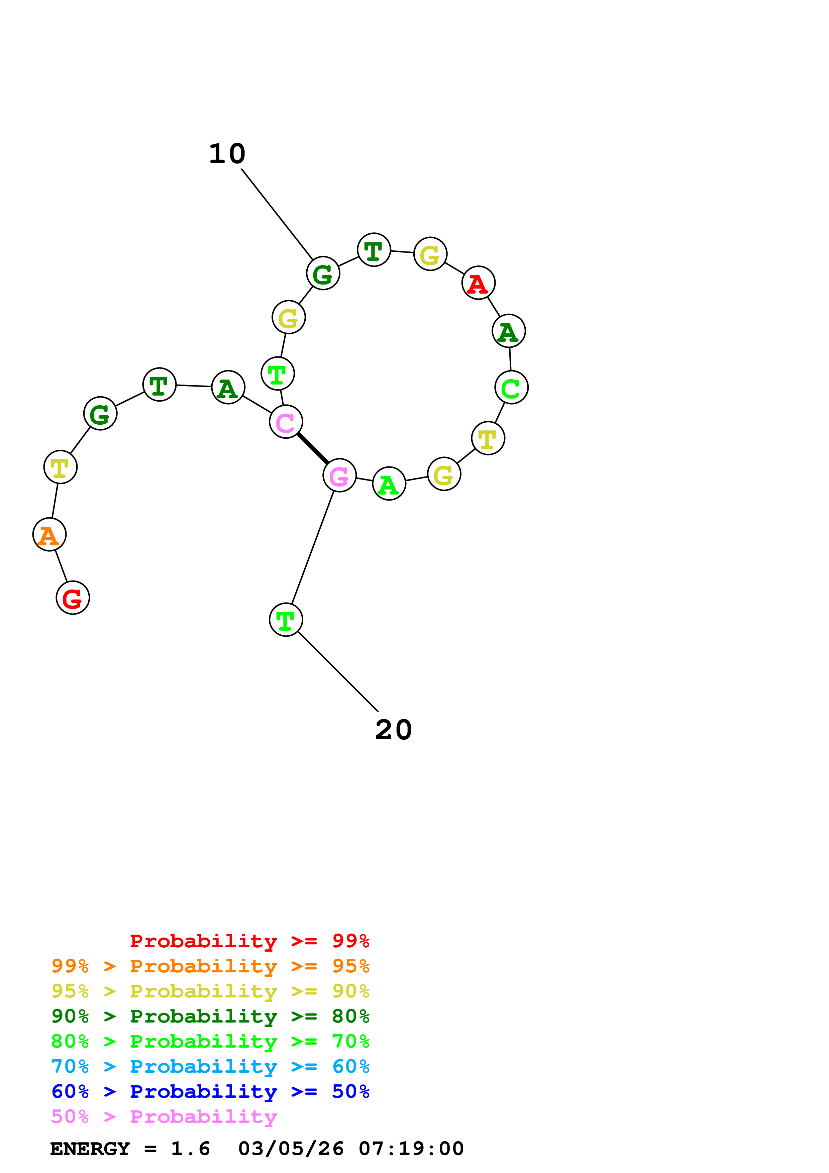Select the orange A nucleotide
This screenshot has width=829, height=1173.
click(49, 534)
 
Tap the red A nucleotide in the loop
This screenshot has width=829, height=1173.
click(478, 283)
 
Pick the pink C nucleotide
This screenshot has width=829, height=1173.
click(286, 421)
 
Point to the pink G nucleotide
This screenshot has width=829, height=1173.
click(339, 475)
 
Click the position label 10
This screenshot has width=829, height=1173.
click(227, 154)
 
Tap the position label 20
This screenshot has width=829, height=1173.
click(393, 730)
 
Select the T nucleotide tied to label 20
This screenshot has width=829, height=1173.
click(286, 620)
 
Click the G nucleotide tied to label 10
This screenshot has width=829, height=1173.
click(323, 273)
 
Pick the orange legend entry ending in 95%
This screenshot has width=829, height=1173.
click(210, 966)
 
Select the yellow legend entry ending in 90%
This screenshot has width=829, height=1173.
click(210, 991)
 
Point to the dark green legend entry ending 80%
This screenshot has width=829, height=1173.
click(210, 1016)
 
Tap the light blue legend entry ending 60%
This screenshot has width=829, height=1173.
click(210, 1066)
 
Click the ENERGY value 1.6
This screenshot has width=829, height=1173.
click(190, 1149)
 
